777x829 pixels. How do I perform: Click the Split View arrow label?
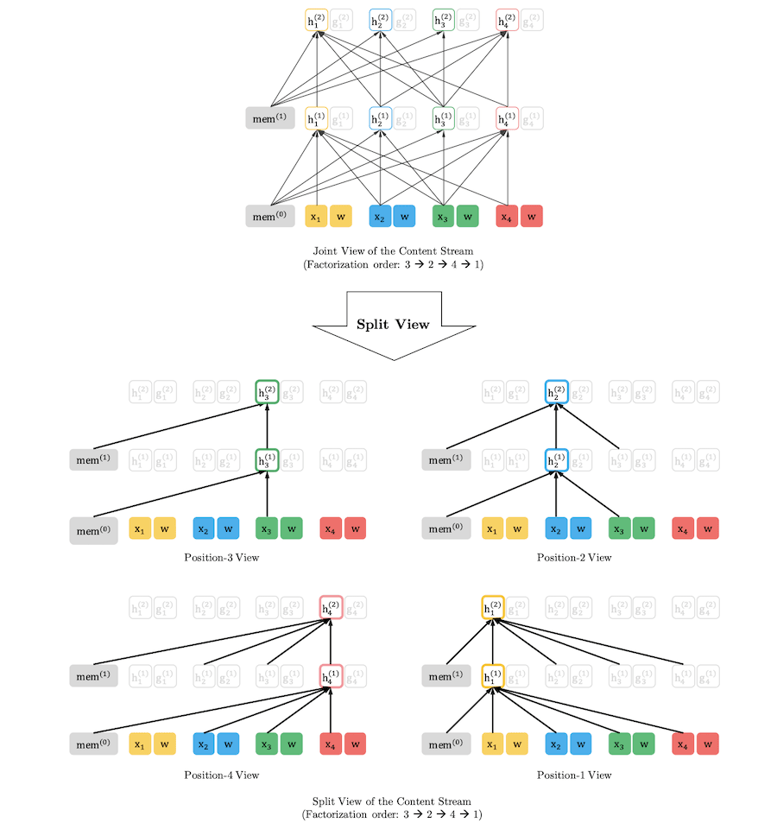[393, 325]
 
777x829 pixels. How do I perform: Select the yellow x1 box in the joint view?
[316, 216]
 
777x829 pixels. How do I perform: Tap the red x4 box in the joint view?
[508, 216]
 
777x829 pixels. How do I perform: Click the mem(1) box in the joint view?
[269, 117]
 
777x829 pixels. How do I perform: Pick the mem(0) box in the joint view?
[269, 216]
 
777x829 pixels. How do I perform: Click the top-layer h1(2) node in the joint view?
[316, 20]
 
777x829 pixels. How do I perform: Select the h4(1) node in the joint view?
[508, 118]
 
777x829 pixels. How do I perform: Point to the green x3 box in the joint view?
[444, 216]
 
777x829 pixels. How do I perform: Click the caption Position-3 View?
[221, 557]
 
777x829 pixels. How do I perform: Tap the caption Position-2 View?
[574, 557]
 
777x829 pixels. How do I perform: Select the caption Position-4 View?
[221, 775]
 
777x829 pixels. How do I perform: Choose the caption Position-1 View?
[574, 775]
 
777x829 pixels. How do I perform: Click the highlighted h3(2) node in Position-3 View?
[267, 392]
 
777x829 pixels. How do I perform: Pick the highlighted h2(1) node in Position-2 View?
[557, 460]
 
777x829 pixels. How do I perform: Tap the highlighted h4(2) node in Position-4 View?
[331, 609]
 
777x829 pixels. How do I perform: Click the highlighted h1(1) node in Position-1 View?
[493, 677]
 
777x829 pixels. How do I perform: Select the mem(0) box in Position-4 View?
[93, 744]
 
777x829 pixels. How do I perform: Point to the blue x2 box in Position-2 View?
[557, 528]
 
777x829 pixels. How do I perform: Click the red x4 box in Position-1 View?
[684, 744]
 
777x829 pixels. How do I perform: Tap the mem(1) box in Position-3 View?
[93, 460]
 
